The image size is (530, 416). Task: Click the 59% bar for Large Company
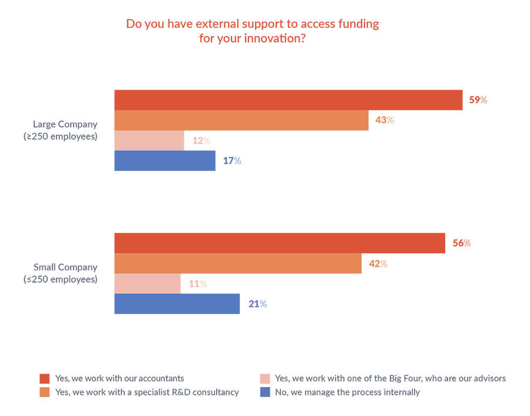288,100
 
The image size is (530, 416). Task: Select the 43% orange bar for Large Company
241,120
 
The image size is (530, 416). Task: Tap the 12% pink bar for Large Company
149,140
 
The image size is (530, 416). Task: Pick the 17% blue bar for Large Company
165,160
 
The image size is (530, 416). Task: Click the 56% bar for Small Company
280,243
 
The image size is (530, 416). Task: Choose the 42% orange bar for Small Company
238,264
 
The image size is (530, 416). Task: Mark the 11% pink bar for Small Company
147,284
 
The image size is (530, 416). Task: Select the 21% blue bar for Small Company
177,304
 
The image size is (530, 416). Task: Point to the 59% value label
478,100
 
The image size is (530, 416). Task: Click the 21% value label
257,304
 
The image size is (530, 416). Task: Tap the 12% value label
201,141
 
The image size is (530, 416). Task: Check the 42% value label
378,264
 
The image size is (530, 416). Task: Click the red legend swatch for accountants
44,378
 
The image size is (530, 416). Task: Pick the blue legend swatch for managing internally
265,392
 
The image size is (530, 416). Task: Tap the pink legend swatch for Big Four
265,378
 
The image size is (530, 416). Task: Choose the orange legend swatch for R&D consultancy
44,392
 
